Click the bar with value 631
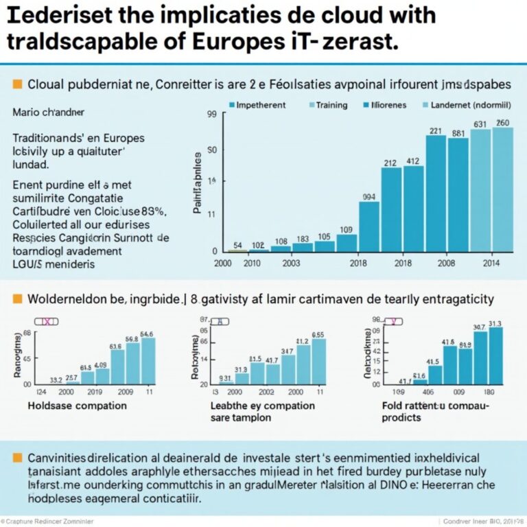click(x=480, y=192)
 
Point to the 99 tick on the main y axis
click(x=211, y=116)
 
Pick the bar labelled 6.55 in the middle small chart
click(x=318, y=362)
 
